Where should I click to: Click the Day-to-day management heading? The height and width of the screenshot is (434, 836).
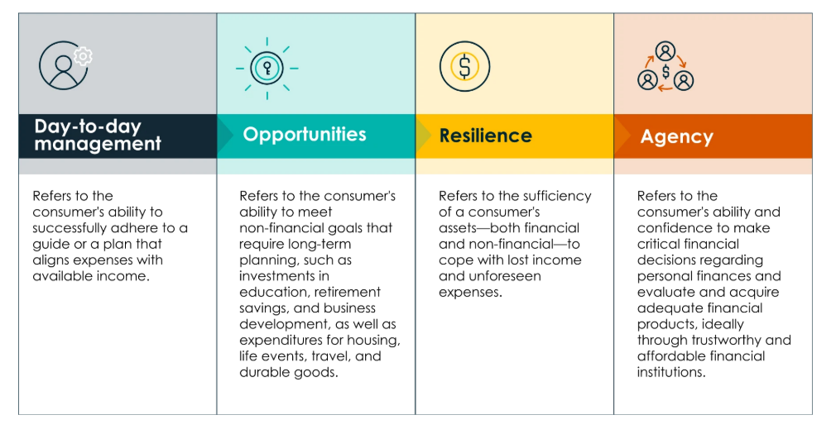98,136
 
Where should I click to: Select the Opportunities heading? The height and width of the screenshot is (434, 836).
305,135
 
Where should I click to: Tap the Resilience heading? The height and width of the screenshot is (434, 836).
485,136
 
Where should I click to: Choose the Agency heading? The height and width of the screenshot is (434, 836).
676,137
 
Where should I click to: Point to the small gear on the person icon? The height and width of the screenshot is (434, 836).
83,56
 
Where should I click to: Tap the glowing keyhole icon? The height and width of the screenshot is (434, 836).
267,68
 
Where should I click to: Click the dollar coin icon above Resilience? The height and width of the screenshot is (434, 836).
464,67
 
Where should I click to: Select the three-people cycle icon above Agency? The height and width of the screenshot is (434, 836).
665,67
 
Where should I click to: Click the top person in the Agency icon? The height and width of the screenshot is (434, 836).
665,51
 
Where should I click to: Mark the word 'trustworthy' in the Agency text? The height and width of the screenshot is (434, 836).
723,341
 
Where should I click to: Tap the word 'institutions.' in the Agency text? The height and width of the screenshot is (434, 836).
671,372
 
